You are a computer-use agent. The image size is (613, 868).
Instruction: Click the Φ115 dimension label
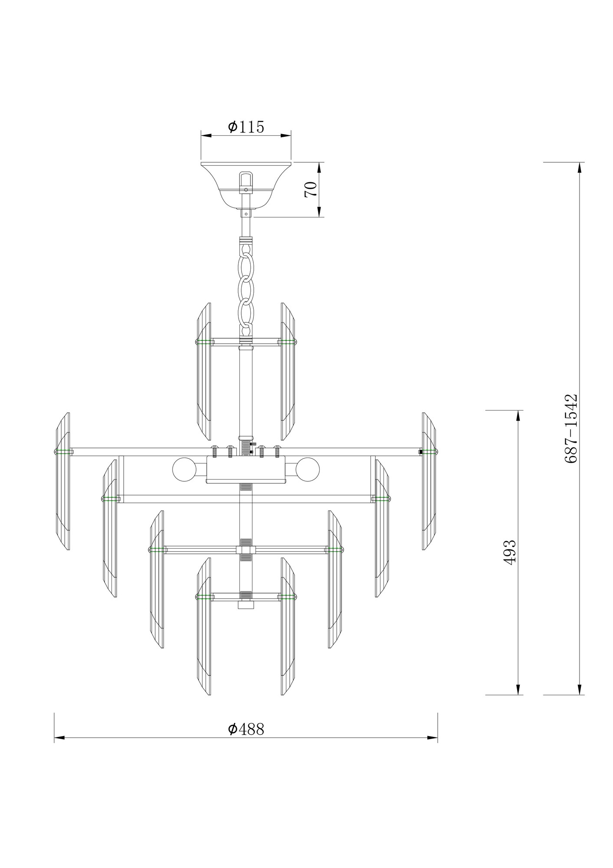pos(246,127)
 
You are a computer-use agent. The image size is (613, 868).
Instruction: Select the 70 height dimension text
pos(311,190)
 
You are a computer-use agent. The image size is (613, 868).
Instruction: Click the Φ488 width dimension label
pos(246,729)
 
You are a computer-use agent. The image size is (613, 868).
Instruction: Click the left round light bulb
pos(184,469)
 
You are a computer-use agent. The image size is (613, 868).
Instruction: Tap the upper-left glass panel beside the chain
pos(204,371)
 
